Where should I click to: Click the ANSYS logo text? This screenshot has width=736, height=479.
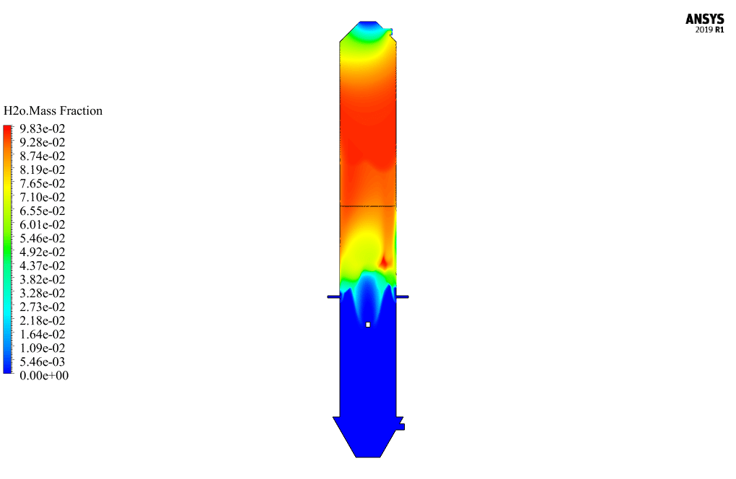pyautogui.click(x=704, y=19)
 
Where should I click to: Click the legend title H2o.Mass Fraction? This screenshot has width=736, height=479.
pyautogui.click(x=53, y=110)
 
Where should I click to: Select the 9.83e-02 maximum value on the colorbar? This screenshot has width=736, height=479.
pyautogui.click(x=43, y=128)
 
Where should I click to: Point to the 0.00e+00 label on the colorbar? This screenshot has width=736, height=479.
pyautogui.click(x=44, y=375)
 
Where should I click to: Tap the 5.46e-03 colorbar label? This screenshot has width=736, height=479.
pyautogui.click(x=43, y=361)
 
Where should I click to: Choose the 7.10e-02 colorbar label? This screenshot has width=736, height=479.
pyautogui.click(x=43, y=197)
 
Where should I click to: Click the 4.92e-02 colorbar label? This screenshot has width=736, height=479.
pyautogui.click(x=43, y=252)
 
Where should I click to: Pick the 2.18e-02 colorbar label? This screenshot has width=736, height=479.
pyautogui.click(x=43, y=320)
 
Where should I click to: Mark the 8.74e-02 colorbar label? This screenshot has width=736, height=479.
pyautogui.click(x=43, y=156)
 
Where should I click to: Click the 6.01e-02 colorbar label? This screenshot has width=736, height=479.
pyautogui.click(x=43, y=224)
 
